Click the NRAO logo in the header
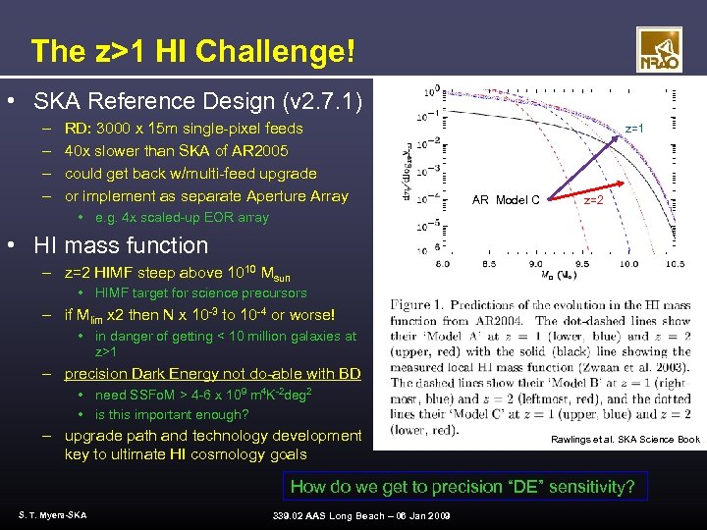click(659, 50)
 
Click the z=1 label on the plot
click(635, 129)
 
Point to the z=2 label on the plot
click(594, 200)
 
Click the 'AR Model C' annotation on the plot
click(506, 200)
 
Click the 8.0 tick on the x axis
click(442, 263)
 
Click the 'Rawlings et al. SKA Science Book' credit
click(625, 439)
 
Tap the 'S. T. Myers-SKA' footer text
click(52, 514)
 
